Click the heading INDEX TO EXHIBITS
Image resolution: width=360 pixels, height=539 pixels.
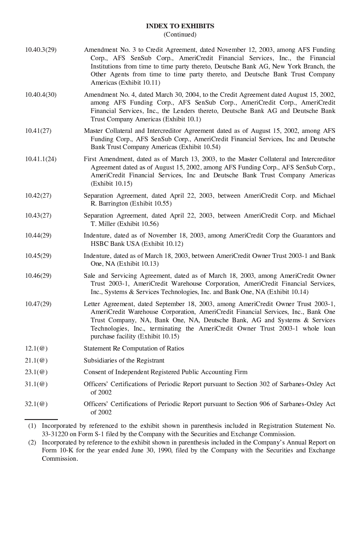[x=180, y=26]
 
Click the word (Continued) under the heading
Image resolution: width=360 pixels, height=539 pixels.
[x=180, y=34]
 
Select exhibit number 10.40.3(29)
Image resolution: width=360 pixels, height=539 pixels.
[x=41, y=50]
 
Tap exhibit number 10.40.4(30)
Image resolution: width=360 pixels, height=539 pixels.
[x=41, y=94]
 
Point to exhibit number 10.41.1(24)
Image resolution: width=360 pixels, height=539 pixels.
[x=41, y=159]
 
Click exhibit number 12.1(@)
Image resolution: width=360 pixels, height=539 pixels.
[x=36, y=348]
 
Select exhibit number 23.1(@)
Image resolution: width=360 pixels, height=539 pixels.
[x=36, y=372]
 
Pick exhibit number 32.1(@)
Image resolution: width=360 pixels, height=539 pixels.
[x=36, y=404]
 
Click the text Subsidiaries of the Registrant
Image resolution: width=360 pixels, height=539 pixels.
[x=124, y=360]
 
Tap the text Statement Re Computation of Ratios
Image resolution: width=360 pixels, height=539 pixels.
[x=133, y=348]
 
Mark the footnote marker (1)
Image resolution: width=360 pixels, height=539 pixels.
[x=32, y=426]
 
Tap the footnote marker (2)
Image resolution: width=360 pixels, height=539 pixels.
[x=32, y=442]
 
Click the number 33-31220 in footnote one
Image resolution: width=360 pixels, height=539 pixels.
[x=56, y=434]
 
